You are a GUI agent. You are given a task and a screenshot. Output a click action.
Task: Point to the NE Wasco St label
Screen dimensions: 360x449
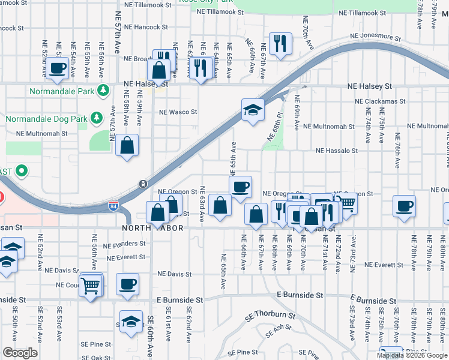pyautogui.click(x=178, y=112)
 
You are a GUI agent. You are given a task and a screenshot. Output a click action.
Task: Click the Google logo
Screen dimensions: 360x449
pyautogui.click(x=20, y=353)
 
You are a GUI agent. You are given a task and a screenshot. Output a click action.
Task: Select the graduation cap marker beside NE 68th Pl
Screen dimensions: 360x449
pyautogui.click(x=253, y=110)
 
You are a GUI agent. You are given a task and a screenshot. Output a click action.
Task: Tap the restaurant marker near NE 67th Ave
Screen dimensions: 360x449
pyautogui.click(x=280, y=44)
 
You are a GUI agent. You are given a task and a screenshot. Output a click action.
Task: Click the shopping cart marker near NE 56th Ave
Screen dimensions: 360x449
pyautogui.click(x=90, y=285)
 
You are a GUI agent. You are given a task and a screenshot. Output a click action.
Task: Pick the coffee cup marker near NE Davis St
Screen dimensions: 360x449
pyautogui.click(x=127, y=284)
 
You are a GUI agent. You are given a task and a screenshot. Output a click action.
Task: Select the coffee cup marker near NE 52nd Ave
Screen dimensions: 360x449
pyautogui.click(x=58, y=69)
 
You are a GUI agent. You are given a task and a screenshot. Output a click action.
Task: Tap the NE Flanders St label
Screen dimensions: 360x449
pyautogui.click(x=125, y=244)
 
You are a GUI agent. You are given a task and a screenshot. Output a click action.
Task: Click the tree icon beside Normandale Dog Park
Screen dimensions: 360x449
pyautogui.click(x=95, y=116)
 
